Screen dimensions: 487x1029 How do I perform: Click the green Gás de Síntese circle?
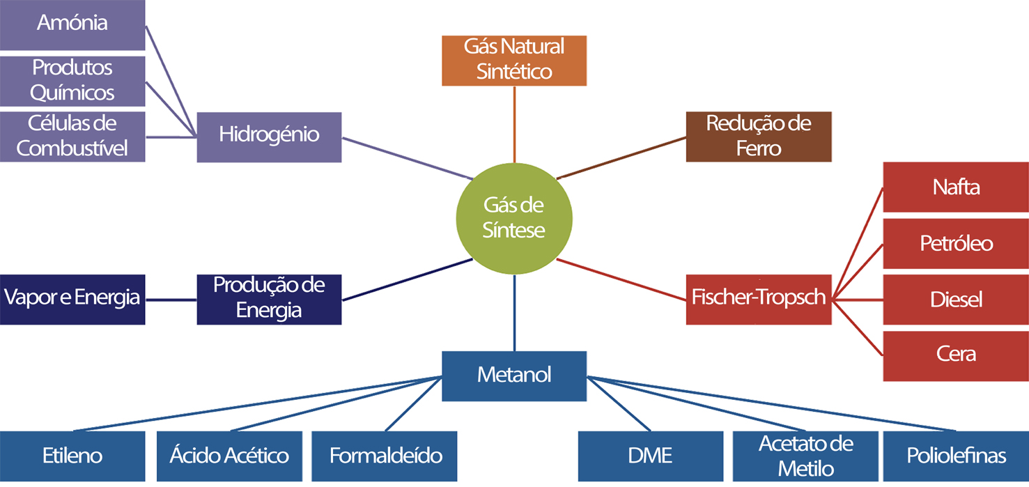click(x=514, y=218)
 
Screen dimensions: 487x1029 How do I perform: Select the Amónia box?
click(x=72, y=25)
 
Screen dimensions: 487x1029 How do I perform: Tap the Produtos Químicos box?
click(x=72, y=80)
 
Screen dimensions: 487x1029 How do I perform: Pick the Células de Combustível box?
click(x=72, y=137)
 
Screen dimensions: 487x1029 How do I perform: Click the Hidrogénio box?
click(x=269, y=137)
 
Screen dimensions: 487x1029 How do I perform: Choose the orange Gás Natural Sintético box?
click(x=514, y=60)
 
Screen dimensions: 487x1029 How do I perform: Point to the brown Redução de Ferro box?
click(x=759, y=137)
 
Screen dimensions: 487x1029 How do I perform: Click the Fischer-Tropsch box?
click(x=759, y=299)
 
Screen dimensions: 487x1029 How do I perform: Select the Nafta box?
click(x=956, y=187)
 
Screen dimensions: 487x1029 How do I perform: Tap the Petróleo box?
click(x=956, y=243)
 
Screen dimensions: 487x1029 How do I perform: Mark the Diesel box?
click(x=956, y=300)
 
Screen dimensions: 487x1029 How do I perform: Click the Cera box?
click(x=956, y=355)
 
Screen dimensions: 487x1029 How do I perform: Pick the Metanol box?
click(x=514, y=376)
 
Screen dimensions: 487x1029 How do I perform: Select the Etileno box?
click(x=72, y=456)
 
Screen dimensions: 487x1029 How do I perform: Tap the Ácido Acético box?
click(x=229, y=456)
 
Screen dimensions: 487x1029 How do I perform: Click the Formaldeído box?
click(x=385, y=456)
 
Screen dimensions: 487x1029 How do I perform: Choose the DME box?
click(x=651, y=456)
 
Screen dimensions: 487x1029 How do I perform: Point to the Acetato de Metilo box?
click(x=806, y=456)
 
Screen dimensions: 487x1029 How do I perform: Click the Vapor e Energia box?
click(x=72, y=299)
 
